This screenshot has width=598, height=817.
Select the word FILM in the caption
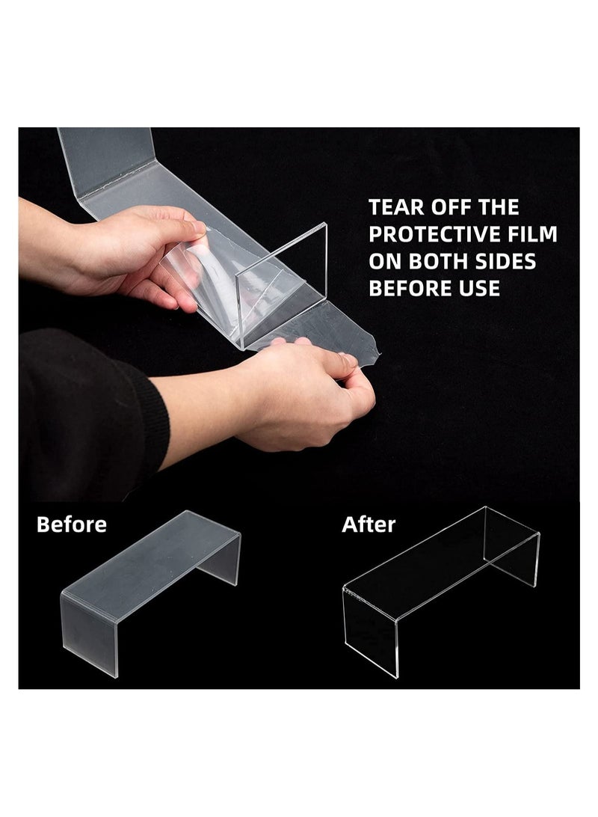(x=531, y=234)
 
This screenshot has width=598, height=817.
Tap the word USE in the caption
(x=478, y=288)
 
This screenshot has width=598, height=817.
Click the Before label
(x=72, y=524)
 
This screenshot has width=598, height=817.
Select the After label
(x=369, y=524)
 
